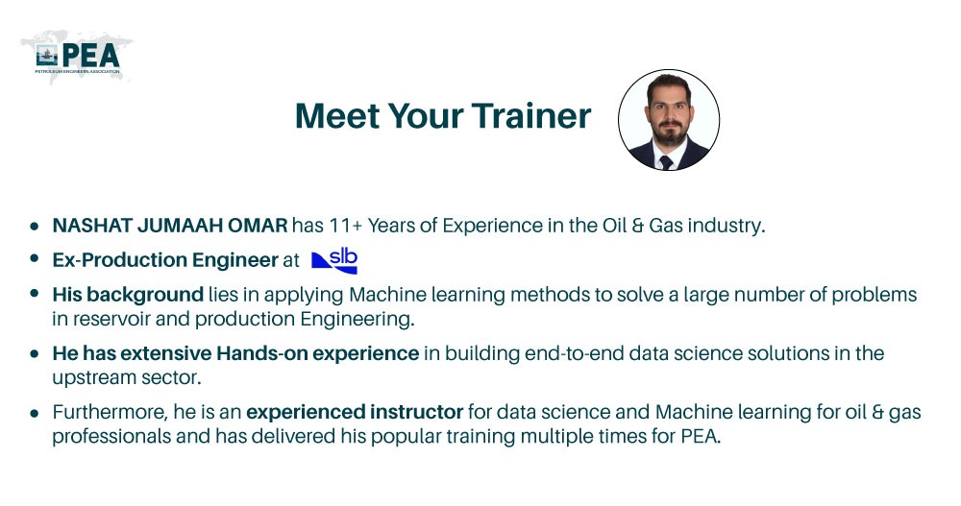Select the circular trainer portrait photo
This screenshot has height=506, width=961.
(x=667, y=120)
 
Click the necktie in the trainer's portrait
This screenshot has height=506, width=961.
(x=666, y=160)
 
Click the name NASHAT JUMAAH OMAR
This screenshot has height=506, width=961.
(x=170, y=227)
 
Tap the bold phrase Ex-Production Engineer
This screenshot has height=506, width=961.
(x=165, y=260)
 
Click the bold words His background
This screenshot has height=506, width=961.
(x=127, y=294)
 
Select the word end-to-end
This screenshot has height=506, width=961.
(x=552, y=353)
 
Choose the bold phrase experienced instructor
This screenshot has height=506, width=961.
(x=356, y=413)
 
